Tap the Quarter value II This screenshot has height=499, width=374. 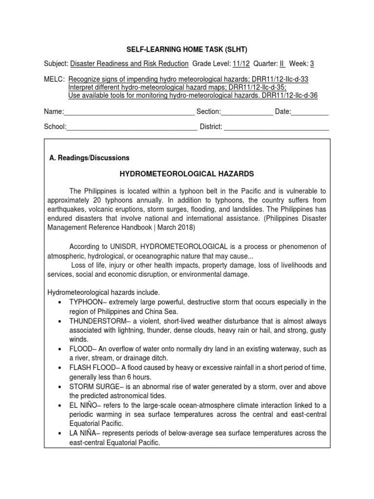(x=281, y=63)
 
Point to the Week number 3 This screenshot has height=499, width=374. (x=312, y=63)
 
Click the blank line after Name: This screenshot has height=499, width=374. (x=130, y=112)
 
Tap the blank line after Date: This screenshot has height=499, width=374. (x=310, y=112)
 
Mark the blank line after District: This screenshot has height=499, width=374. (x=276, y=127)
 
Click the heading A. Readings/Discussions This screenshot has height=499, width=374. (x=90, y=158)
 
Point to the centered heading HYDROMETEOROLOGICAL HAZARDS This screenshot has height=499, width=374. (x=187, y=174)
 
